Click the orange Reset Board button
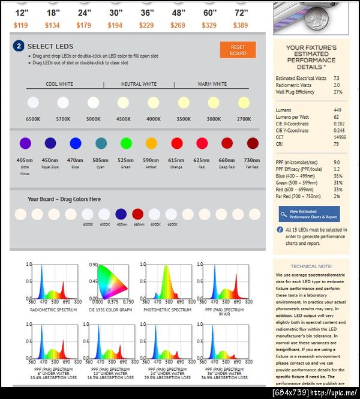click(x=238, y=50)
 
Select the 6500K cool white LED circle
click(x=33, y=103)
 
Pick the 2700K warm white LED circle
click(x=244, y=103)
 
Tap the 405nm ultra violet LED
click(x=25, y=143)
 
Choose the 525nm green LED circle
click(x=126, y=143)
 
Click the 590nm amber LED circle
click(x=151, y=143)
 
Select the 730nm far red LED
click(x=253, y=143)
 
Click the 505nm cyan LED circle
click(x=101, y=143)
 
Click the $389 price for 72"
click(x=241, y=25)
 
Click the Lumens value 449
click(x=337, y=110)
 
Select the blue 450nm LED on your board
click(x=121, y=214)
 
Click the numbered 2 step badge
click(x=19, y=46)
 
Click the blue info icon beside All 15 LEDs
click(x=280, y=230)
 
